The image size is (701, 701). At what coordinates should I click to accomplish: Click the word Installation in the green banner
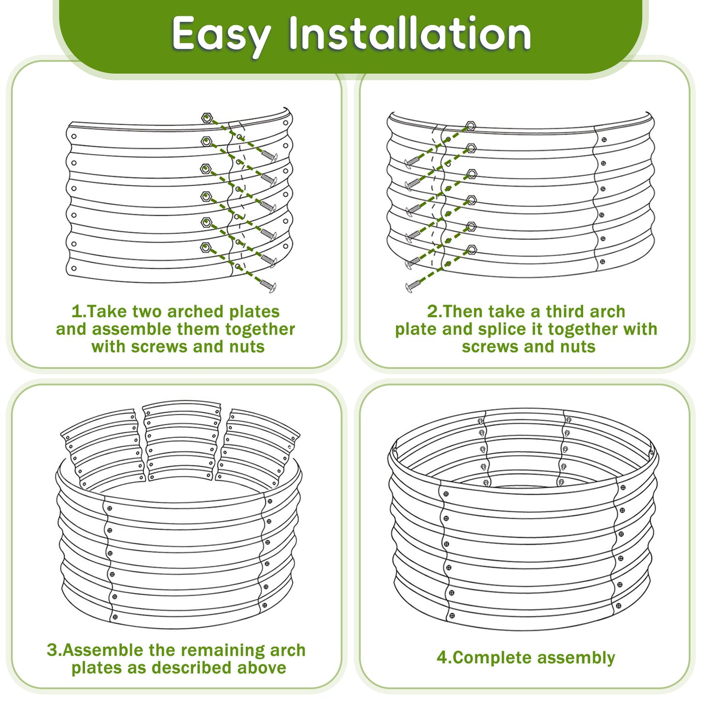410,34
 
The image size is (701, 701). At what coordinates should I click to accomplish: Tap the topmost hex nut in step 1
207,117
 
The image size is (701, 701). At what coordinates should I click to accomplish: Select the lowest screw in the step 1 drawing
268,286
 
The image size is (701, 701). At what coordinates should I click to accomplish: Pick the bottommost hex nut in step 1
205,247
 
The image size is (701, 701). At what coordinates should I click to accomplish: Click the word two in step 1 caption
150,311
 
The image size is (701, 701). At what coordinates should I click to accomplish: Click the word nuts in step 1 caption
247,347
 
